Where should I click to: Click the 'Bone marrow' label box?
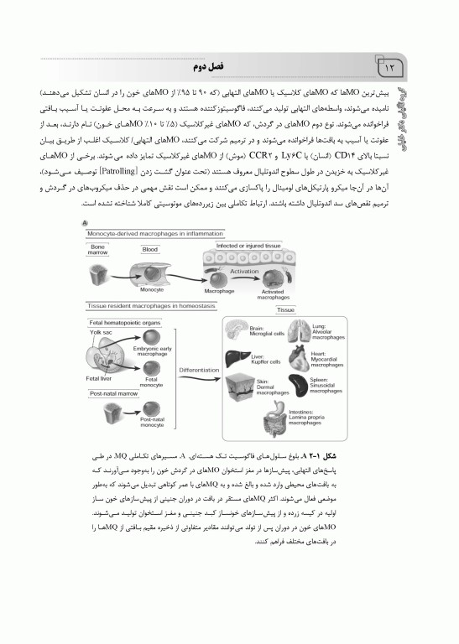98,249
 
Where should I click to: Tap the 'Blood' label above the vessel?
150,249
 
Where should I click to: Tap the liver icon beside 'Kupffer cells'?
237,363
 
